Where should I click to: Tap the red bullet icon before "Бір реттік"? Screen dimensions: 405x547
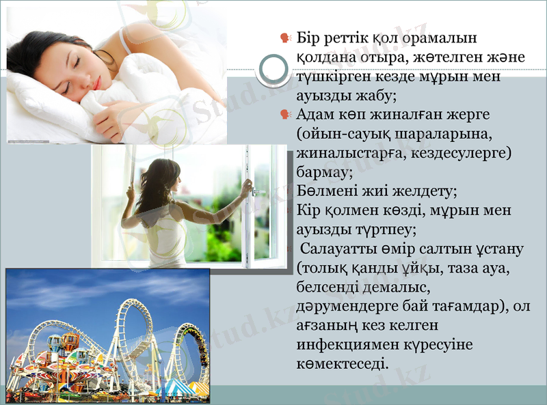point(285,38)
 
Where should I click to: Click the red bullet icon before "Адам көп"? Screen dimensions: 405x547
point(285,115)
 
